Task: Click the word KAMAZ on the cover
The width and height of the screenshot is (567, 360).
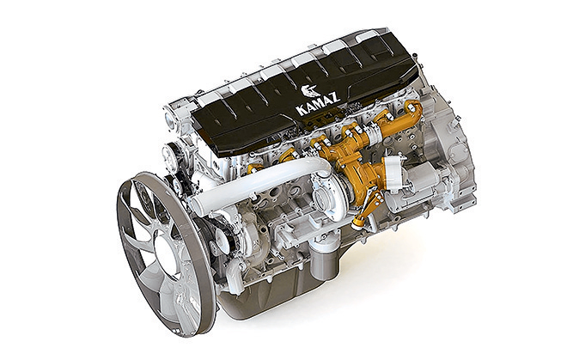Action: point(318,103)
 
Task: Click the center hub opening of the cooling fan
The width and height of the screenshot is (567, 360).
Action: point(168,254)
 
